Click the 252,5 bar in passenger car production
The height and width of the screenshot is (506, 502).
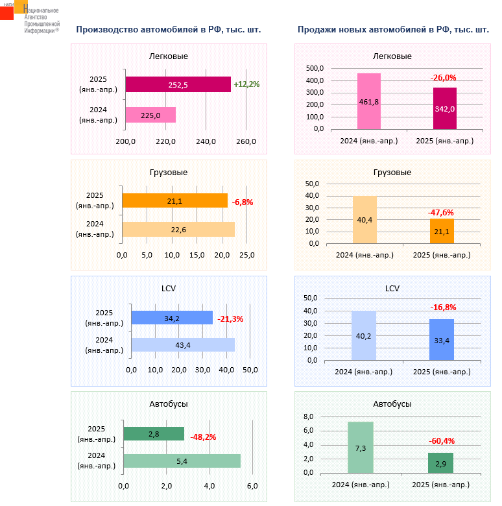click(x=178, y=84)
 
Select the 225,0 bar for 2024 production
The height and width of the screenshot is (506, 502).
click(x=150, y=115)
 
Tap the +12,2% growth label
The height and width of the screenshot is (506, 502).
click(x=246, y=84)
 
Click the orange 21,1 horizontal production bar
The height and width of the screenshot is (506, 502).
click(x=174, y=201)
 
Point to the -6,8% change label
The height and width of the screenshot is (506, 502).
click(x=243, y=202)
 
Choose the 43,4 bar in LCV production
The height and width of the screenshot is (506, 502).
click(x=183, y=345)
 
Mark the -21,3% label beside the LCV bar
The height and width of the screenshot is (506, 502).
click(x=230, y=319)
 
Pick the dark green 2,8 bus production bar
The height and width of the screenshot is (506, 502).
click(x=154, y=433)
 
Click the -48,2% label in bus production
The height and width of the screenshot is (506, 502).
click(x=203, y=437)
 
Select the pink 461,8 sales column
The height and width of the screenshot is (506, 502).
click(x=369, y=101)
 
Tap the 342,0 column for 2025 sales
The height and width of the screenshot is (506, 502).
click(x=444, y=108)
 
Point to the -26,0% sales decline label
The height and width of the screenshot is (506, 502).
click(x=444, y=78)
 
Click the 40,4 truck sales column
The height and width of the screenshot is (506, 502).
click(x=365, y=220)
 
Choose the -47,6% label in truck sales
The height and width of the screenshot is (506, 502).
click(x=441, y=212)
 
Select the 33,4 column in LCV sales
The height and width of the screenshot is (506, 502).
click(x=442, y=340)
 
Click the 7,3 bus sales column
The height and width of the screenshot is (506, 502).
click(x=361, y=448)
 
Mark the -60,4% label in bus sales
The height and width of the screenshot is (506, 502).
click(x=441, y=441)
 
